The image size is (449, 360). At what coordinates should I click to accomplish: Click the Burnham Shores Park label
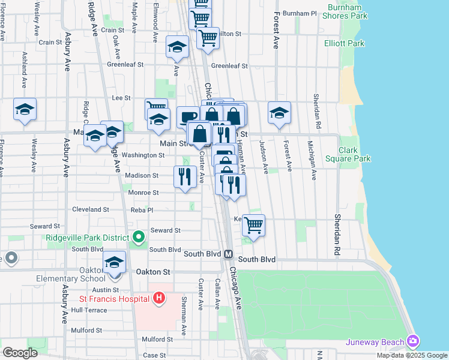point(348,11)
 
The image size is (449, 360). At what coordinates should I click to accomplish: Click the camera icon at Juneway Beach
point(412,341)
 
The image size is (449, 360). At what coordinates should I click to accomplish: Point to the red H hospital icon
point(158,298)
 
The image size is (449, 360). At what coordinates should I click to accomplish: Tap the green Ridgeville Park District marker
point(139,238)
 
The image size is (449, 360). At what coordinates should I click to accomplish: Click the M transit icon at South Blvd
point(229,254)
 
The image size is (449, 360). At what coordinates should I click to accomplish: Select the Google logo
point(19,352)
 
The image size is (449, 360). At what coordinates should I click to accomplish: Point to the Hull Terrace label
point(89,310)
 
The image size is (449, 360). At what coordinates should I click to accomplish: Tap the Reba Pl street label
point(142,210)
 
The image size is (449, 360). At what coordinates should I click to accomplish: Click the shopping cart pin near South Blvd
point(253,226)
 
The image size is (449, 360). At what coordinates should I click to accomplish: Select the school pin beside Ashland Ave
point(25,110)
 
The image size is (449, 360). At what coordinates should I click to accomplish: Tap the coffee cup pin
point(188,117)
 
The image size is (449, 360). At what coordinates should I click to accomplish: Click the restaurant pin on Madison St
point(184,177)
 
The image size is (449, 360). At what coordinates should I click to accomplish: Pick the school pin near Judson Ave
point(279,113)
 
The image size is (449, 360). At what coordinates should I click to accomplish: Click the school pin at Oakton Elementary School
point(114,263)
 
